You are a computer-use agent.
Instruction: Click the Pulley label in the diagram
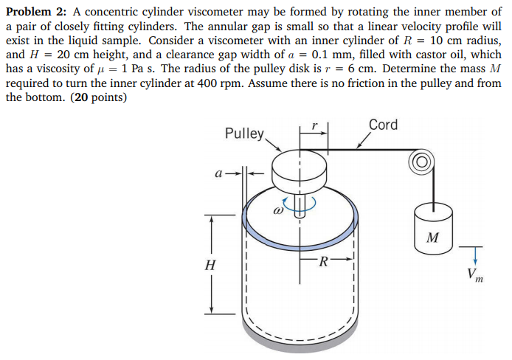[244, 134]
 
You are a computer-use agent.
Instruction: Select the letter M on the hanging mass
[433, 238]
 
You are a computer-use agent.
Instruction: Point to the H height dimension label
[211, 264]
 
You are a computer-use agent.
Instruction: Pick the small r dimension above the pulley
[314, 127]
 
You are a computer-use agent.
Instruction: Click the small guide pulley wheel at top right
[424, 162]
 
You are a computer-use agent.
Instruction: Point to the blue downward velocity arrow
[475, 255]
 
